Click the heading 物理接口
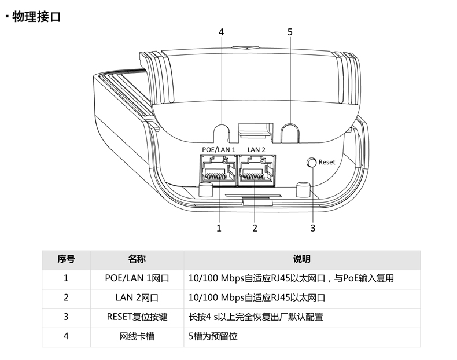click(36, 17)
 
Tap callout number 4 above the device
click(221, 32)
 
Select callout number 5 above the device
click(290, 32)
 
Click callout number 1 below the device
click(219, 228)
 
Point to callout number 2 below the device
click(255, 228)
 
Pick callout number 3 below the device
click(313, 228)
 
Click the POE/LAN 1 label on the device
click(219, 149)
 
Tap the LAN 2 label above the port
click(256, 149)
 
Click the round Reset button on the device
click(312, 163)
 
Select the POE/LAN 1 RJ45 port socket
click(218, 171)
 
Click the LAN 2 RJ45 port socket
click(257, 171)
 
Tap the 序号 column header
click(66, 259)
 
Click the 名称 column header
click(137, 259)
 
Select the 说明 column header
click(301, 259)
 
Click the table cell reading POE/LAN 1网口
click(137, 278)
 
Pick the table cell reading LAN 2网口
click(137, 297)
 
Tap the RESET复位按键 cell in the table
click(137, 317)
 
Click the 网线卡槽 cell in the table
click(137, 336)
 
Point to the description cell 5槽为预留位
click(213, 336)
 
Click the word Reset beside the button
click(327, 162)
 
